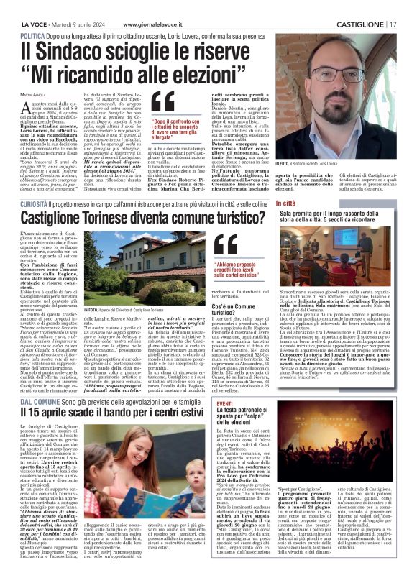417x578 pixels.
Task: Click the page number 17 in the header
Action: (393, 24)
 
